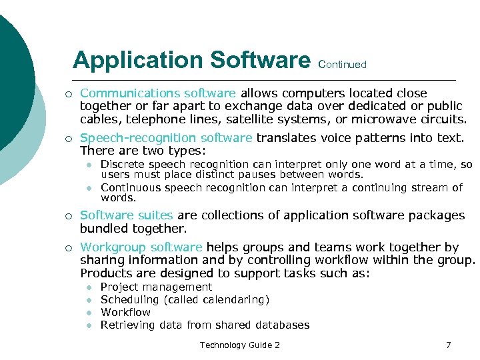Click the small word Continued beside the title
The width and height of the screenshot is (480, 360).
[343, 65]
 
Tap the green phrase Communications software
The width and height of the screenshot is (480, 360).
[158, 93]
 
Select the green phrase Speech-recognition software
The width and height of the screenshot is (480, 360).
[166, 138]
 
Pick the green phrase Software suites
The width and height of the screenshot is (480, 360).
[126, 215]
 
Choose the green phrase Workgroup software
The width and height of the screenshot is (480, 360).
[141, 247]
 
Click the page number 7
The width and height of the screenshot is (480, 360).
[449, 345]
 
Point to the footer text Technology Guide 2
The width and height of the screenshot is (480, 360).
[239, 345]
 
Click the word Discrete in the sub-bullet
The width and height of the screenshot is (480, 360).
[123, 165]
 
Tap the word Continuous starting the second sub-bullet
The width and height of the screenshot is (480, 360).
[129, 187]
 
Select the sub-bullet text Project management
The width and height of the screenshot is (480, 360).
[156, 287]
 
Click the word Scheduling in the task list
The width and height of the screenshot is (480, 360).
[129, 299]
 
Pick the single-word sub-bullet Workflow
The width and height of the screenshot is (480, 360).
[125, 312]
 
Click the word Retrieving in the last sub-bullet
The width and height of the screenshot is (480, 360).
[127, 325]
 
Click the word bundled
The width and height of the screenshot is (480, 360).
[104, 228]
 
